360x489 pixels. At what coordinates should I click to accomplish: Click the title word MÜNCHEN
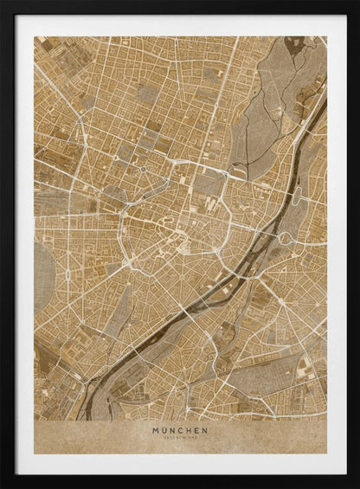click(179, 429)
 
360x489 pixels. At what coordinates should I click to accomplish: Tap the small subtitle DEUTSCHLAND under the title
click(179, 438)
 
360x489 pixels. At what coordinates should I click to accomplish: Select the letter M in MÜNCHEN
click(156, 429)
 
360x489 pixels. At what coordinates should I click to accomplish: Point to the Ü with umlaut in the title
click(164, 429)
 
